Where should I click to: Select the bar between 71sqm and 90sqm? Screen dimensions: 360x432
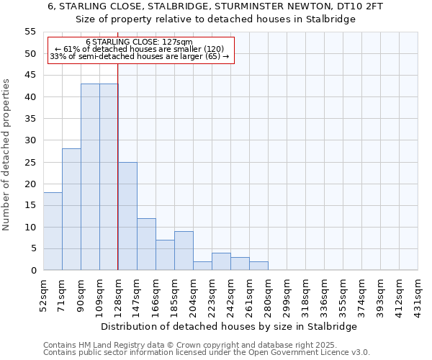pos(71,210)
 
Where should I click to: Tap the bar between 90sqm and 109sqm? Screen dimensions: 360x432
pos(90,177)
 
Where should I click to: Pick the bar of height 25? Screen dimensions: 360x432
pos(127,216)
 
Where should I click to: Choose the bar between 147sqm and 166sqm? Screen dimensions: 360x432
pos(146,244)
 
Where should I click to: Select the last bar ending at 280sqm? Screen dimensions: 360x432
pos(258,266)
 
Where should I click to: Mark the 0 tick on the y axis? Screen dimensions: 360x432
pos(32,271)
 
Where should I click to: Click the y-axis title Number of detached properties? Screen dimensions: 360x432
pos(7,155)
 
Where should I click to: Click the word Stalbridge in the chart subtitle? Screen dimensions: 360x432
pos(330,19)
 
